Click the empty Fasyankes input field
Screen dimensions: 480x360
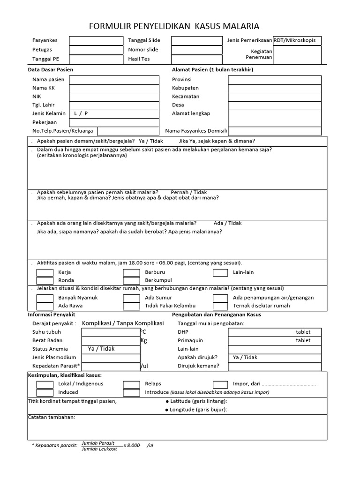(96, 41)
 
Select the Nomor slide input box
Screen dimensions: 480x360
(196, 50)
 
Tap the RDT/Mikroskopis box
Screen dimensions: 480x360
(297, 41)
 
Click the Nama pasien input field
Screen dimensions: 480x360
(114, 80)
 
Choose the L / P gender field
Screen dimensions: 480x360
(114, 113)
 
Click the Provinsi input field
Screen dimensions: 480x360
(274, 80)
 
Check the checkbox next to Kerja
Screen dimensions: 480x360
(45, 272)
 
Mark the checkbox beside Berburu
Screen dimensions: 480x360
(132, 272)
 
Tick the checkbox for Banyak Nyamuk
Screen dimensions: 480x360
(45, 298)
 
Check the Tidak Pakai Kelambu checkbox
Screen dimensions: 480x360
(132, 306)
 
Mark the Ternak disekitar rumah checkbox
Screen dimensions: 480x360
(221, 306)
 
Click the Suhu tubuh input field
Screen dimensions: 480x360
(111, 332)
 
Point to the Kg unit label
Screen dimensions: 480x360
(144, 341)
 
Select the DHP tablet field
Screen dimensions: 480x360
(274, 332)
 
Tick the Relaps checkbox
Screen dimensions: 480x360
(132, 384)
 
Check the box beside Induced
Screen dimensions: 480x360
(45, 392)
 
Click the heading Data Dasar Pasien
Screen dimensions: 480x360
(51, 70)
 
